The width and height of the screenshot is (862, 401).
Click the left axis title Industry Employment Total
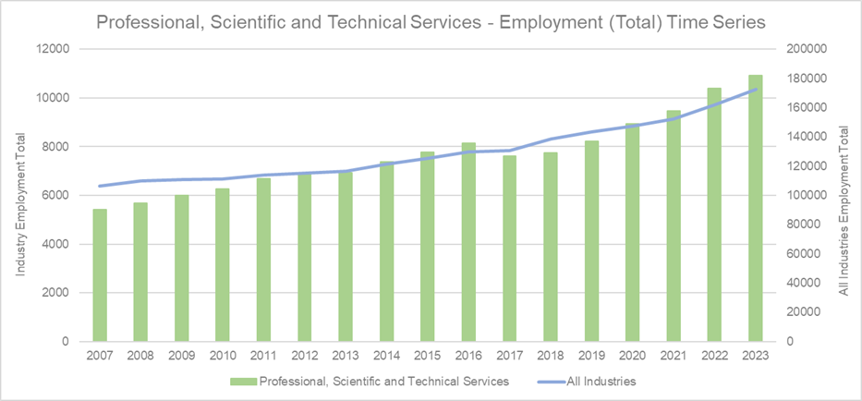click(20, 196)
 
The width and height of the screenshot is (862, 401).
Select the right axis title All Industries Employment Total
click(843, 196)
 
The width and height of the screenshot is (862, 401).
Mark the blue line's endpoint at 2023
click(756, 90)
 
